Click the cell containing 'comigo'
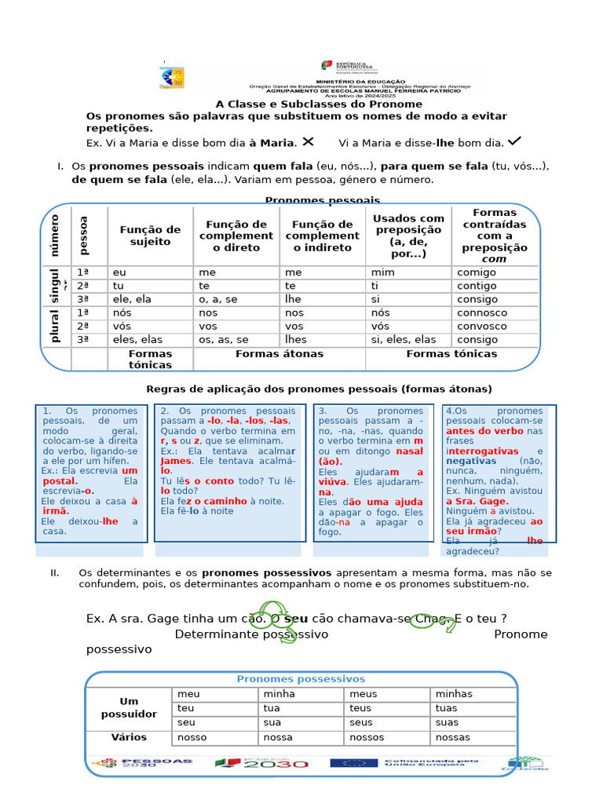coord(477,272)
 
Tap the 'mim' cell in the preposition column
coord(381,272)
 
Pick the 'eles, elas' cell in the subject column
coord(139,340)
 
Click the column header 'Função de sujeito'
coord(150,236)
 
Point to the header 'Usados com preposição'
coord(408,236)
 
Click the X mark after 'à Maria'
coord(308,141)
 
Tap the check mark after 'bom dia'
coord(515,141)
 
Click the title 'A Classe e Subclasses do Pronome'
coord(319,104)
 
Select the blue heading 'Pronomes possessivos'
coord(301,679)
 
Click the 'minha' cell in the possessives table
coord(280,694)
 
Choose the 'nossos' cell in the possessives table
coord(367,738)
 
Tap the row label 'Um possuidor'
coord(129,707)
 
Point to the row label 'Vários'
coord(129,738)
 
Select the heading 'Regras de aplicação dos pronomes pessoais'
coord(319,389)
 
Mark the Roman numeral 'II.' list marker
coord(55,572)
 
